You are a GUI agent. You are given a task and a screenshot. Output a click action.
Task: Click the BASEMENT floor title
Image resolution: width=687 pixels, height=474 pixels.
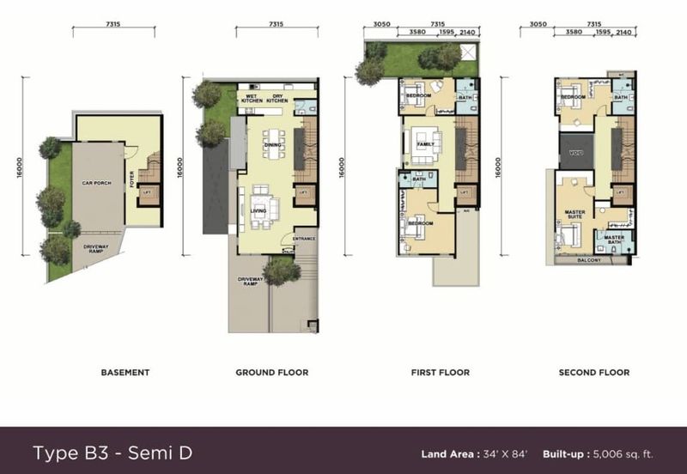(125, 373)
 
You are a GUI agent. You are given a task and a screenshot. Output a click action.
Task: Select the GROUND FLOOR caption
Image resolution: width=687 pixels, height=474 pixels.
(272, 373)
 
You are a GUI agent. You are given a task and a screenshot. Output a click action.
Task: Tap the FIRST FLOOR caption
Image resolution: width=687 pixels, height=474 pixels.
(441, 373)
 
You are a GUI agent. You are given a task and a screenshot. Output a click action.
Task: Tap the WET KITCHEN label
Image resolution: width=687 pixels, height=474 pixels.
(252, 98)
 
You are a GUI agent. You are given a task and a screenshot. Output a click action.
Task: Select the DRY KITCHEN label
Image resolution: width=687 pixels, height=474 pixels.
(278, 98)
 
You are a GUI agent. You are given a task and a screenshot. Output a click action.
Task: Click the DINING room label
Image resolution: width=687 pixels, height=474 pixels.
(273, 145)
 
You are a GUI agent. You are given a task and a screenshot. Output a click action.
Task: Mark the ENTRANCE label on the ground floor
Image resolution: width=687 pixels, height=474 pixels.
(304, 239)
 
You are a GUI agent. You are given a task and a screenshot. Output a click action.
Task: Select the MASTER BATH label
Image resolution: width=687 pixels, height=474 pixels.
(614, 239)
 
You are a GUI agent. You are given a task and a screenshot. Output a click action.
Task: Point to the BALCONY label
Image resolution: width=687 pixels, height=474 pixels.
(589, 258)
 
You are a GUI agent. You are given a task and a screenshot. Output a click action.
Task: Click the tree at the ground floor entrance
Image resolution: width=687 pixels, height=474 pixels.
(281, 270)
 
